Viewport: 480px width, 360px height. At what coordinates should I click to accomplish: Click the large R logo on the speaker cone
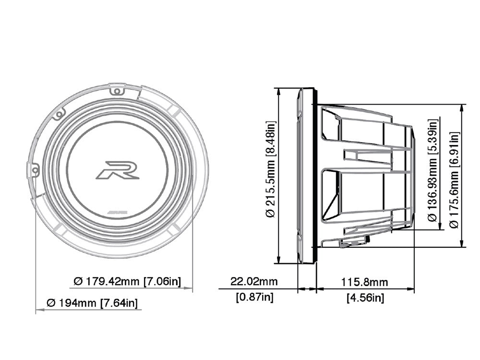[117, 170]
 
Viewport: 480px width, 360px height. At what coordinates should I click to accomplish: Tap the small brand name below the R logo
[117, 211]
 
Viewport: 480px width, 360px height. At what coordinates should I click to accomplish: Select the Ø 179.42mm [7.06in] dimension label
[127, 281]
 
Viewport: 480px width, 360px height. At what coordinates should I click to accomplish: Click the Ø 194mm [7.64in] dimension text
[92, 303]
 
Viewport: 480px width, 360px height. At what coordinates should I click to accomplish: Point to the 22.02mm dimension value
[254, 281]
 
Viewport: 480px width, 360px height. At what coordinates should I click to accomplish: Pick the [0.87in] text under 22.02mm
[254, 297]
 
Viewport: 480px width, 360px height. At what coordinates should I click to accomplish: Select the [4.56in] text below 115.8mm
[365, 298]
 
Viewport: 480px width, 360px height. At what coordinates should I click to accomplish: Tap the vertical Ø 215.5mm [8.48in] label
[271, 170]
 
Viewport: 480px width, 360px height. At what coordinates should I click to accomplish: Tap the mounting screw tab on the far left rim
[33, 170]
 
